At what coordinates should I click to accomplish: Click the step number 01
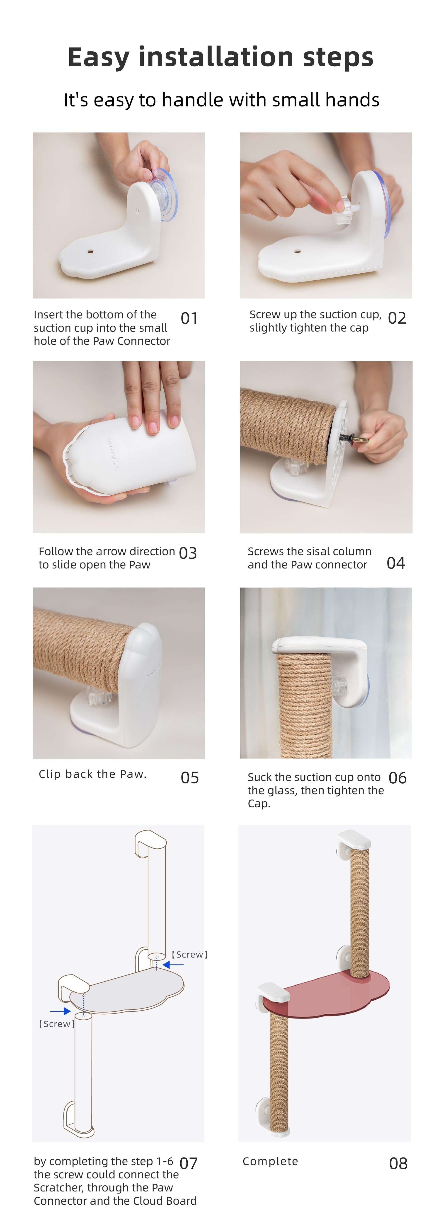click(189, 318)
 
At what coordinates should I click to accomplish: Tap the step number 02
click(397, 318)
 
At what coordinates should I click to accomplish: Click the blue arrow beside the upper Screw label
click(173, 964)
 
